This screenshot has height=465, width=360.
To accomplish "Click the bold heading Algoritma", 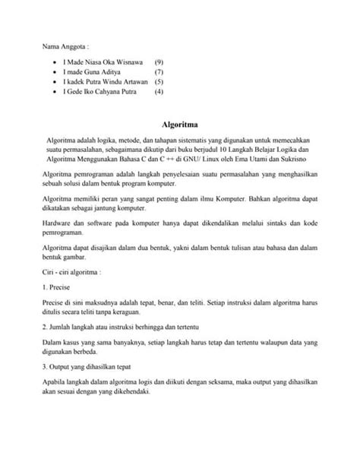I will (180, 122).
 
